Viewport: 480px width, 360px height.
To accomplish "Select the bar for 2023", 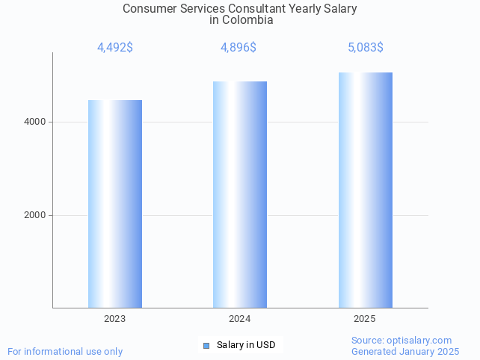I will pos(115,203).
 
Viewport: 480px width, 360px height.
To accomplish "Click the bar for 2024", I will pos(240,194).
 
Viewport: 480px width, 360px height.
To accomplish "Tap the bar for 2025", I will pos(365,190).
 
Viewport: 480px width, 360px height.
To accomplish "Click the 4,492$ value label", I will pos(115,48).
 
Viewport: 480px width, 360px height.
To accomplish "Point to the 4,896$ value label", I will pos(239,48).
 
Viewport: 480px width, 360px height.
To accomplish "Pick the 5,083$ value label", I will pos(366,48).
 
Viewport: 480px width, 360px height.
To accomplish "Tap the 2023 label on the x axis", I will pos(115,319).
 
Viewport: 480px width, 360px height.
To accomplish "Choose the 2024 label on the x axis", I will pos(240,319).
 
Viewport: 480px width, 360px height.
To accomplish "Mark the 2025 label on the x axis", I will pos(365,319).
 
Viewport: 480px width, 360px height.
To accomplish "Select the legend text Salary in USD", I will pos(246,345).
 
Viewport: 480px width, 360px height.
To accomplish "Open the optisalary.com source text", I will pos(401,341).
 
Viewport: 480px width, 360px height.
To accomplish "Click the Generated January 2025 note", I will pos(405,351).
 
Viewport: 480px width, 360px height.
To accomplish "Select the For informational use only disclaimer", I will pos(65,351).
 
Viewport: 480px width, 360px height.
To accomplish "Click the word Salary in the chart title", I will pos(339,9).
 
